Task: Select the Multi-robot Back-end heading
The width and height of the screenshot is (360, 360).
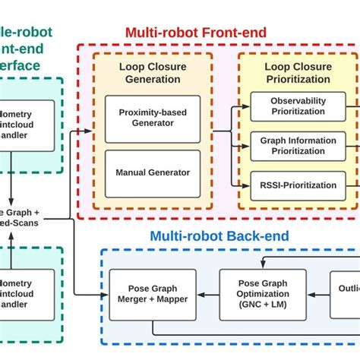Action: (x=219, y=236)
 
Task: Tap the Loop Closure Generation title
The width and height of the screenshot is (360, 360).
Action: (x=152, y=72)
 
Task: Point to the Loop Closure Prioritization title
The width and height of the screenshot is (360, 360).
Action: (x=297, y=72)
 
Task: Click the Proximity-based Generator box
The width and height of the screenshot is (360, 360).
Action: (x=152, y=118)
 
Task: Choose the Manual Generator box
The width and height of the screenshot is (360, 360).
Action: (x=152, y=172)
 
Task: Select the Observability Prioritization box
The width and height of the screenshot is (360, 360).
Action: (x=298, y=106)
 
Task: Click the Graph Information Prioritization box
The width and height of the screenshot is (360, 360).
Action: (x=298, y=145)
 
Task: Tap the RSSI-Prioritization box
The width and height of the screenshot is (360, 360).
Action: (x=298, y=185)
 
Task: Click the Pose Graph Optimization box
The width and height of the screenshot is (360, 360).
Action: (x=263, y=294)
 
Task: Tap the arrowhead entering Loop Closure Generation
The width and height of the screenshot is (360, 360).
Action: (x=90, y=131)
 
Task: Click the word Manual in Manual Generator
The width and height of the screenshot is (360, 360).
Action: (x=131, y=172)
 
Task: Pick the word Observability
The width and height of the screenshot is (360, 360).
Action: (x=298, y=100)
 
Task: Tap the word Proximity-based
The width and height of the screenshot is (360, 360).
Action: (x=152, y=113)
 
